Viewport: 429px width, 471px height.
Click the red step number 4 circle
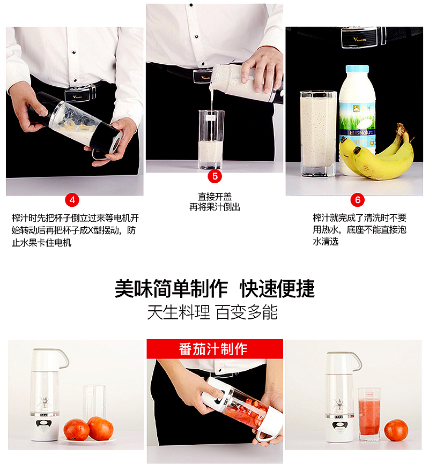72,200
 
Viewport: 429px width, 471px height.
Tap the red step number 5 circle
214,176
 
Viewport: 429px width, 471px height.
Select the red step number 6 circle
358,200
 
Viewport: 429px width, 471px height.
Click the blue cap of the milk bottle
357,69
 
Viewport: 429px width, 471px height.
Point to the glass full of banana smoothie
318,133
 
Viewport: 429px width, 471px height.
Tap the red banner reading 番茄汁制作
214,349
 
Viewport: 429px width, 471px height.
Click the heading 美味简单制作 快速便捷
214,289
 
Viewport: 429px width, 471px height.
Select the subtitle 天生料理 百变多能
212,312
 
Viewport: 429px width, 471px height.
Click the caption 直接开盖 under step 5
214,197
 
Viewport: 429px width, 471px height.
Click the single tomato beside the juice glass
396,430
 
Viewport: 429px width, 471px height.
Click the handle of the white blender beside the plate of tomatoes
64,358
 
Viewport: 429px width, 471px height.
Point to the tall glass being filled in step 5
211,140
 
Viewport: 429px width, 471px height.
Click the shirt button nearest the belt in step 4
75,80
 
